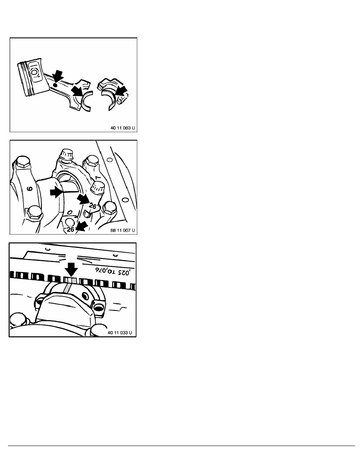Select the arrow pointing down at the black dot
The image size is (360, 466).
[x=58, y=75]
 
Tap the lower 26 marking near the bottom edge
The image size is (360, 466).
[x=71, y=230]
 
